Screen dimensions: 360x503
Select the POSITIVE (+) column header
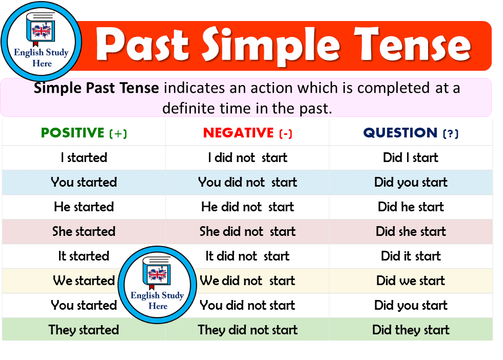84,133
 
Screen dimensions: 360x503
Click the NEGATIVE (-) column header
247,133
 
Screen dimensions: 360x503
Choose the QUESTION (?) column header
411,133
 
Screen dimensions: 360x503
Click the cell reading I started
84,157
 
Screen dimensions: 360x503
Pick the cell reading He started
84,207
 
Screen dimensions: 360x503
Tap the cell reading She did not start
247,231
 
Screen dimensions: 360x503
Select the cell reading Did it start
411,256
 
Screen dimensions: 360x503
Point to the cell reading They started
84,330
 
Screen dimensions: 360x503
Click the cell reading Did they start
411,330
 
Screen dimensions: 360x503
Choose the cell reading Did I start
411,157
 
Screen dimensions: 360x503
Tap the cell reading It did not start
247,256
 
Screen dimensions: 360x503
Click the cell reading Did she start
411,231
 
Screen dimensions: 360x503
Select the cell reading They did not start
247,330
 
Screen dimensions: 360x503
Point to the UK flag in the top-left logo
41,32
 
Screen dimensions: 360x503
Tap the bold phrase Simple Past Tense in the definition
96,88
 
